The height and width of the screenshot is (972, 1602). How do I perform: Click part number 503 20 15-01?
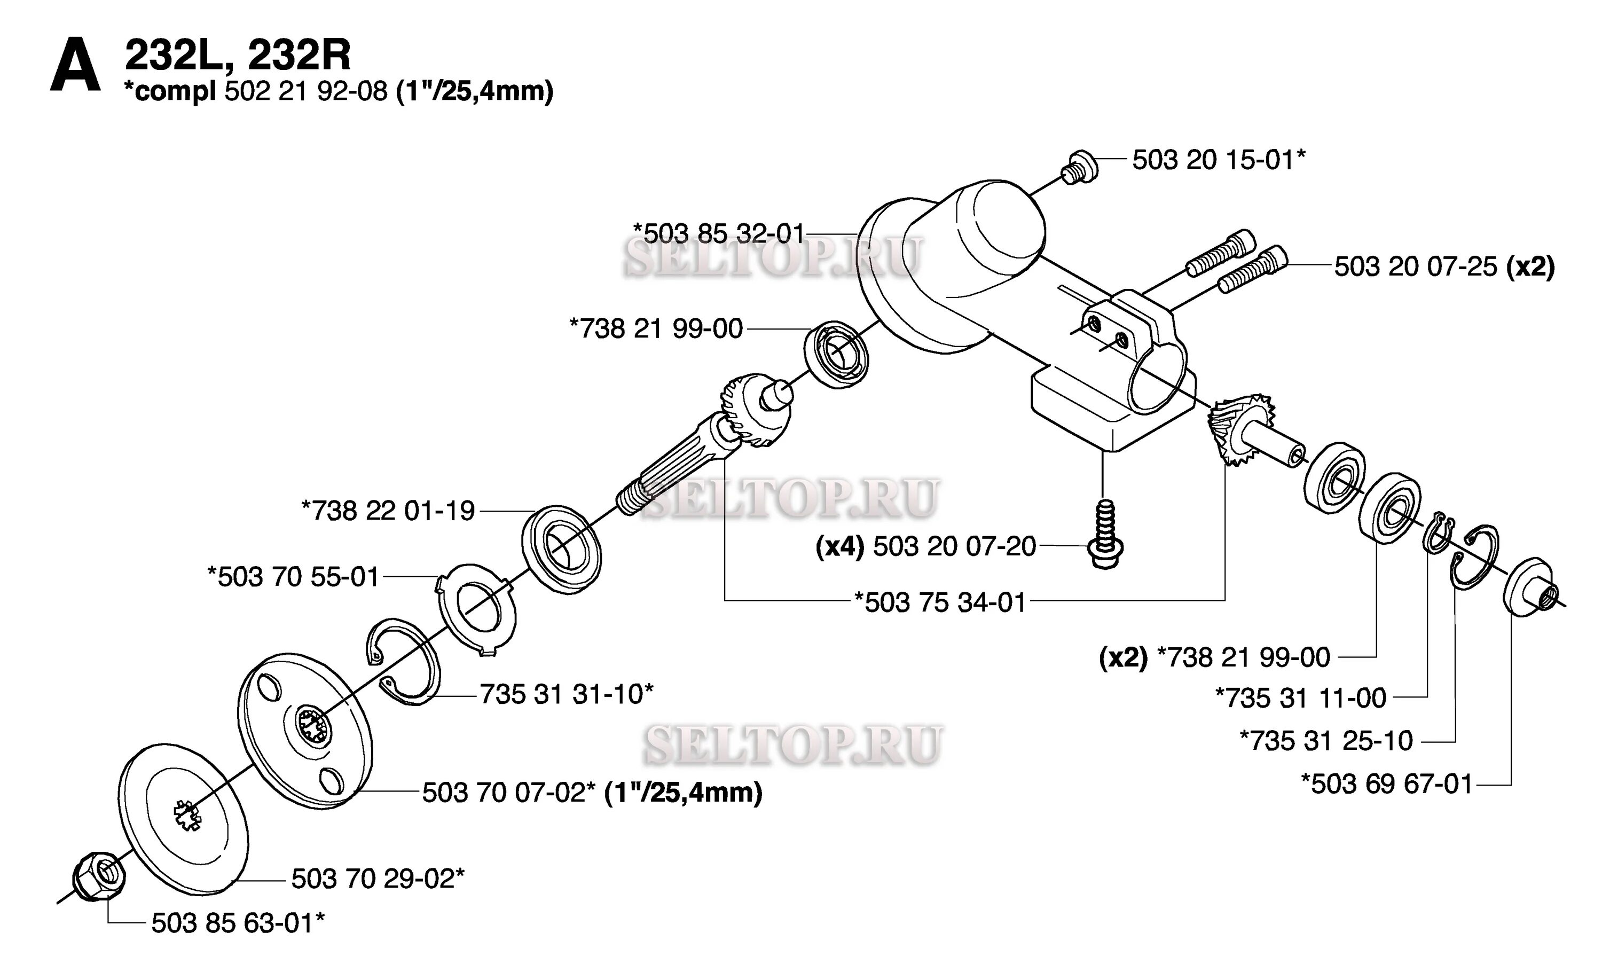point(1218,160)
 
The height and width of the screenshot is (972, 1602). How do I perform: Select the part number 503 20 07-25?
point(1416,266)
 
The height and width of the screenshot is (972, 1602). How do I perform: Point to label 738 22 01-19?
point(388,511)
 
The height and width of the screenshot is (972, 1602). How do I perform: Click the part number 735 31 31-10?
point(566,694)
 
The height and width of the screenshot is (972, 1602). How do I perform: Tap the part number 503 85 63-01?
point(238,922)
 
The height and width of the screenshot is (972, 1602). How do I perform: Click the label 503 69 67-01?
point(1386,784)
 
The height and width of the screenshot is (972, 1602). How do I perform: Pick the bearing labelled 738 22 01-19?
point(562,548)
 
